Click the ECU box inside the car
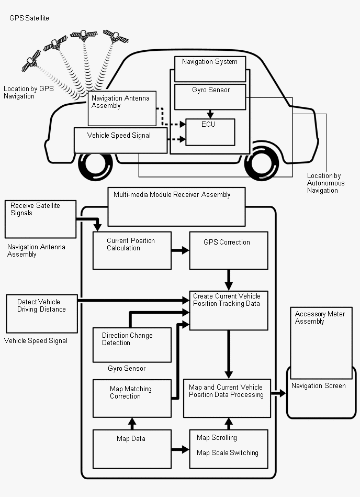[x=210, y=132]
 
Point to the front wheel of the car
[x=95, y=167]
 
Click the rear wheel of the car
[x=265, y=163]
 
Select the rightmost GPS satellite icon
[x=116, y=36]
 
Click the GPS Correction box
[x=229, y=250]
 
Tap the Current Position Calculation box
[x=132, y=250]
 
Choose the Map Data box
[x=132, y=448]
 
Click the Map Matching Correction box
[x=132, y=398]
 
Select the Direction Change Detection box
[x=132, y=344]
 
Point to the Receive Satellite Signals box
[x=40, y=218]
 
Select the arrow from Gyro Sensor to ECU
[x=210, y=114]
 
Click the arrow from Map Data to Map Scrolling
[x=181, y=449]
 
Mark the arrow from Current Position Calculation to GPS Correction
[x=180, y=251]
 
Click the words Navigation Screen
[x=318, y=386]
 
